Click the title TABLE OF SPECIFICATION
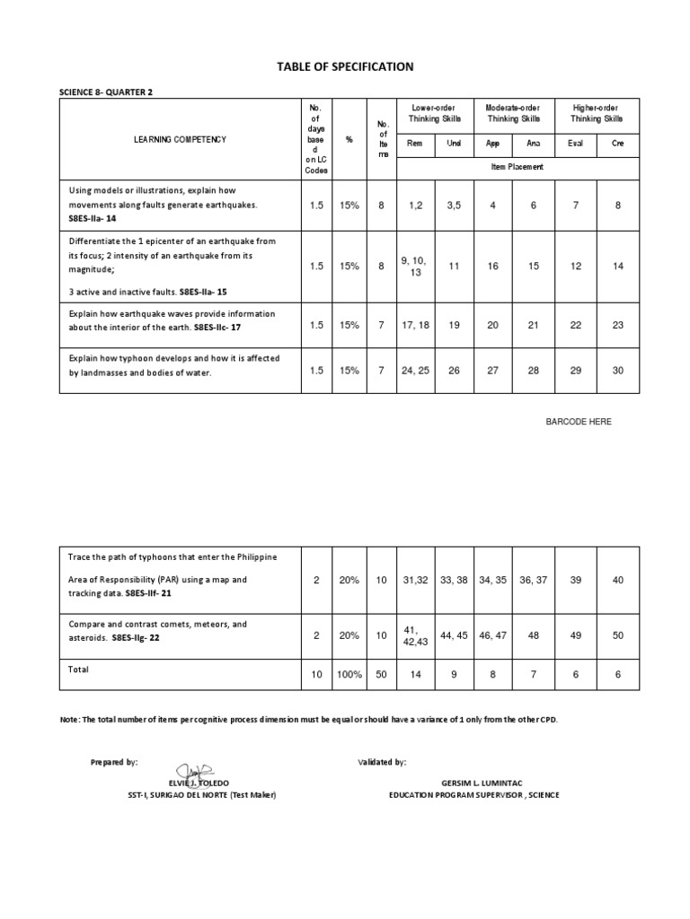pyautogui.click(x=345, y=66)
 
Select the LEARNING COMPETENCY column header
pyautogui.click(x=181, y=139)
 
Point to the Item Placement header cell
pyautogui.click(x=517, y=167)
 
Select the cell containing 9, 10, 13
pyautogui.click(x=414, y=267)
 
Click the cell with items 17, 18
pyautogui.click(x=414, y=325)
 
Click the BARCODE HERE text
pyautogui.click(x=579, y=422)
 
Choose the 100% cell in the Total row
pyautogui.click(x=348, y=674)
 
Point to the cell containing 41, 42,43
pyautogui.click(x=414, y=635)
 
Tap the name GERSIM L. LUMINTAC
pyautogui.click(x=473, y=783)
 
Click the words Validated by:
pyautogui.click(x=382, y=761)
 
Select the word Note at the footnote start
pyautogui.click(x=70, y=720)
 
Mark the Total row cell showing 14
pyautogui.click(x=414, y=674)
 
